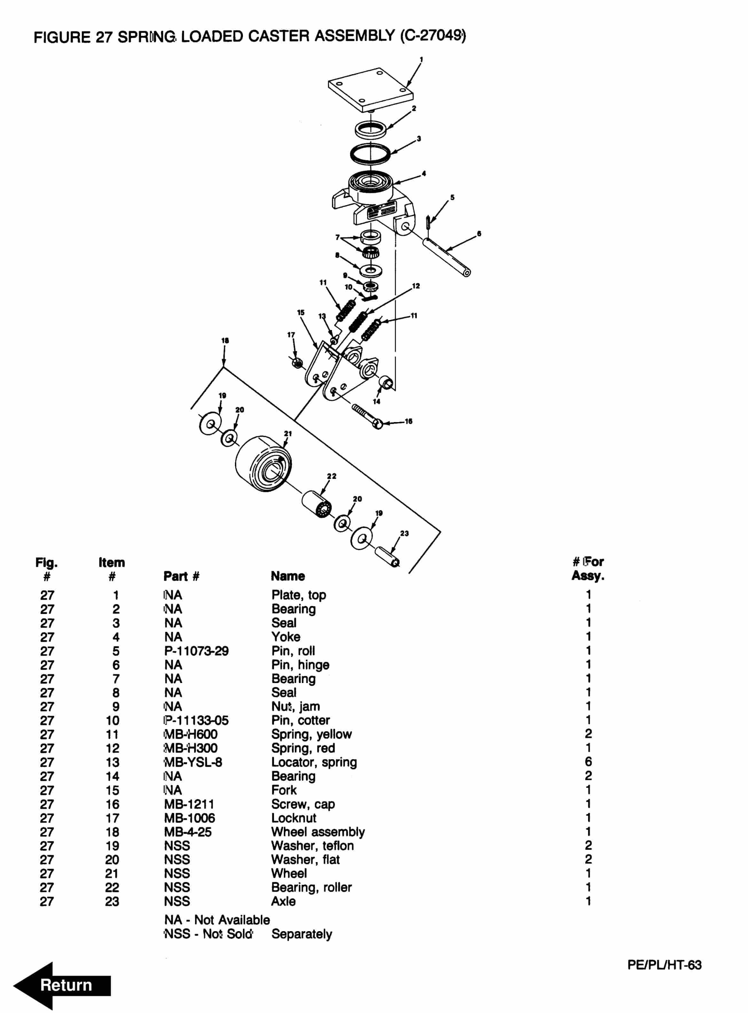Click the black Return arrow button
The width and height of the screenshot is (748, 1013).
point(62,985)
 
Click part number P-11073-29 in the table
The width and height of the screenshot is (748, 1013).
point(196,651)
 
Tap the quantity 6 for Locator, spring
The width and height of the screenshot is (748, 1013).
point(588,762)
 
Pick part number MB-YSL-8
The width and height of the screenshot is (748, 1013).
point(193,762)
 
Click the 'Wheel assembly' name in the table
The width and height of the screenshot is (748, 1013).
point(318,832)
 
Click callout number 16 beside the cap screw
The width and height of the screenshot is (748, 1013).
point(409,421)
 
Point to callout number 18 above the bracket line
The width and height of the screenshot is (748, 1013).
point(225,341)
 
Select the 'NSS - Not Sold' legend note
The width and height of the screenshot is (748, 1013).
point(208,934)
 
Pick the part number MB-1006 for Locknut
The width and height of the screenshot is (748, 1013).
point(189,818)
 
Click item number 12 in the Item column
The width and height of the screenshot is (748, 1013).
point(112,748)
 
